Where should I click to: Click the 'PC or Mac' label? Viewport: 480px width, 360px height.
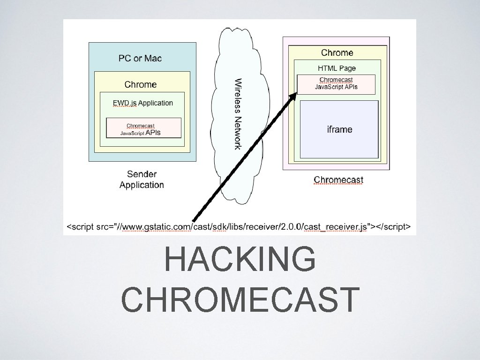click(x=140, y=59)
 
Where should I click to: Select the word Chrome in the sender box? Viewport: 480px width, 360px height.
click(x=141, y=84)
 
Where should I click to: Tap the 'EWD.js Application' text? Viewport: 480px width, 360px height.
click(x=142, y=103)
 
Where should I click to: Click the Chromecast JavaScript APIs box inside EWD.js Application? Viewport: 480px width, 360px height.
click(x=143, y=128)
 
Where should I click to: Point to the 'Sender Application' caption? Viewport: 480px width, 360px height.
click(x=142, y=179)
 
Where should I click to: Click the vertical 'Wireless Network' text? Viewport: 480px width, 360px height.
click(x=238, y=114)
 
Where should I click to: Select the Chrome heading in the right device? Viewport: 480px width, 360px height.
click(x=337, y=52)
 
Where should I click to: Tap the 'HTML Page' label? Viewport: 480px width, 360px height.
click(x=337, y=68)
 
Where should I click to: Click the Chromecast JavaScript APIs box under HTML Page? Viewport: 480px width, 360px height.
click(x=336, y=84)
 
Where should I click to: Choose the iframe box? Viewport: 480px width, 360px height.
click(x=339, y=129)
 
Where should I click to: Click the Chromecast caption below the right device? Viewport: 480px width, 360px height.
click(x=338, y=180)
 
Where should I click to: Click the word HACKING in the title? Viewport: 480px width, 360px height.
click(x=240, y=260)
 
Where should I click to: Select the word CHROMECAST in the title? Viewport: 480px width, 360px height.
click(x=240, y=300)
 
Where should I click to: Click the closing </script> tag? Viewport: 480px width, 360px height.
click(x=393, y=227)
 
